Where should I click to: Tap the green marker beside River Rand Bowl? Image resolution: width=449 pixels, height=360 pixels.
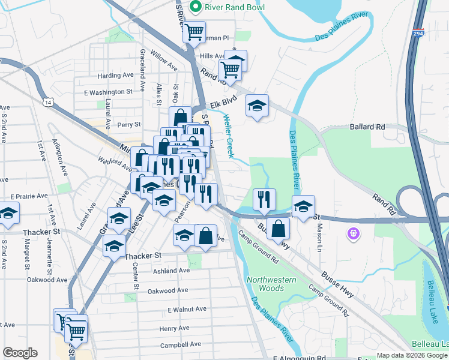point(195,7)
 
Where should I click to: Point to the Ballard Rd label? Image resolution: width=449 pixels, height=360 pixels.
point(367,127)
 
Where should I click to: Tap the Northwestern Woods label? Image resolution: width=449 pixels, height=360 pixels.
point(271,284)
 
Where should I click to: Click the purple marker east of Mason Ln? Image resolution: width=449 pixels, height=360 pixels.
point(354,232)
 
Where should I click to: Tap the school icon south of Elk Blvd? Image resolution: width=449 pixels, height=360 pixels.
point(257,107)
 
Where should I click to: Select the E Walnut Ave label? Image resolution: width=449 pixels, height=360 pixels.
point(187,309)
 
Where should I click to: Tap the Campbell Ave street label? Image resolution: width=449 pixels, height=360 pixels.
point(180,345)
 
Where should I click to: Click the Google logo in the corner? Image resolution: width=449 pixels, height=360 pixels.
point(20,352)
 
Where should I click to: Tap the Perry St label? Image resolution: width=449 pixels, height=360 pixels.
point(128,125)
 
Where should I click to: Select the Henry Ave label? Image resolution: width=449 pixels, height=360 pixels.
point(175,328)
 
